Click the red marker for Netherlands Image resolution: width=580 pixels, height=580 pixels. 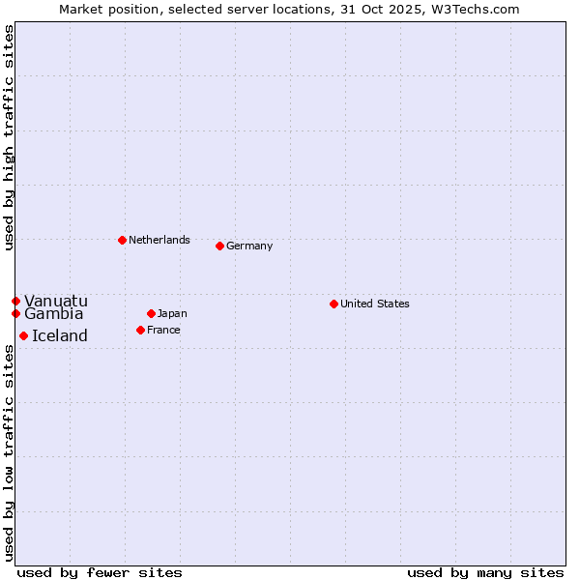122,240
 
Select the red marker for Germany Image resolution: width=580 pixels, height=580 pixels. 219,246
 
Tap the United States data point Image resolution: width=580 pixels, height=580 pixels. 333,304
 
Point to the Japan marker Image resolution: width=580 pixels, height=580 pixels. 151,313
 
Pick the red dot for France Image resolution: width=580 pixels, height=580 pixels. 140,330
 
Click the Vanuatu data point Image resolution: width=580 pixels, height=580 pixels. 15,301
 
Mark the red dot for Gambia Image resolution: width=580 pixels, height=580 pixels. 15,313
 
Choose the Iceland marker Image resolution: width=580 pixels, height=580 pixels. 23,335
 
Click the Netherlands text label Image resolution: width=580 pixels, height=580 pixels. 159,240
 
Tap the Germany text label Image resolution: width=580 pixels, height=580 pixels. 249,246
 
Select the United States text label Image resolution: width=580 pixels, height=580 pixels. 375,304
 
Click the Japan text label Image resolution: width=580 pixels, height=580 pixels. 172,313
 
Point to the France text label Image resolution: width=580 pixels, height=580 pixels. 163,330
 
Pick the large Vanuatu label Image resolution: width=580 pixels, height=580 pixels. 56,301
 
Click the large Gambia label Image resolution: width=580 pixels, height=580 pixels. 54,313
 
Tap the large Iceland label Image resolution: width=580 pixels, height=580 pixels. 60,335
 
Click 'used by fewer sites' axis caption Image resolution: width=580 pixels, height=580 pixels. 100,572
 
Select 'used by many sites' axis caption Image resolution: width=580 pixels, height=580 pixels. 485,572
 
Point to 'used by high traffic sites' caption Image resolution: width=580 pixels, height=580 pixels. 9,137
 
